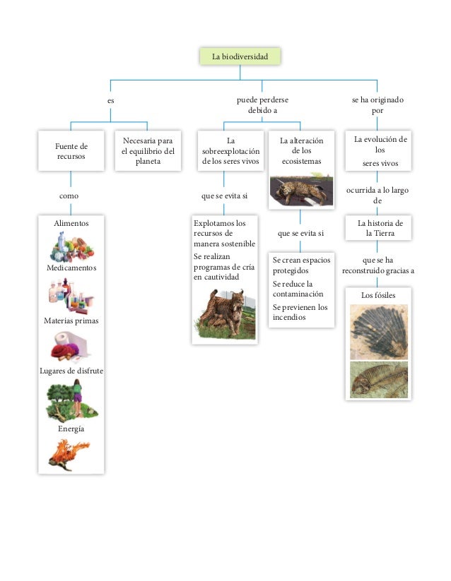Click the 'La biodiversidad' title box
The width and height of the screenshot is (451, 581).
(x=240, y=56)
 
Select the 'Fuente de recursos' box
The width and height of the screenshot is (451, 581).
(x=71, y=151)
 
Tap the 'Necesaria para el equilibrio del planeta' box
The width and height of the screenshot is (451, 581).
(x=148, y=151)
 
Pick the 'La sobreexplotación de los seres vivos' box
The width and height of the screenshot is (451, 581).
(x=230, y=151)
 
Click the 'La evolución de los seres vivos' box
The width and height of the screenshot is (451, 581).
(x=379, y=151)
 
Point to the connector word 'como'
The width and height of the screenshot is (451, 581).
(x=69, y=196)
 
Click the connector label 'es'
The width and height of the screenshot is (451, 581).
(x=111, y=101)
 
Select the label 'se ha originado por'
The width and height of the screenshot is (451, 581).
(x=377, y=106)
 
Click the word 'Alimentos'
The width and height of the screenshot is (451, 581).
(x=71, y=223)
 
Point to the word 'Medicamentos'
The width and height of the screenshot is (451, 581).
(x=71, y=269)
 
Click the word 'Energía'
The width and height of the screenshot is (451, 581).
(x=71, y=429)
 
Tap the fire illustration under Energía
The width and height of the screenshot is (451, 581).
(x=70, y=454)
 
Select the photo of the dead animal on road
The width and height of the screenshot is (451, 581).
(x=300, y=191)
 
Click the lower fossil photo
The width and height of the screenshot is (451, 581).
(x=379, y=379)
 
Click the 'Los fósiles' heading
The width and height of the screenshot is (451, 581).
(x=378, y=294)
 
